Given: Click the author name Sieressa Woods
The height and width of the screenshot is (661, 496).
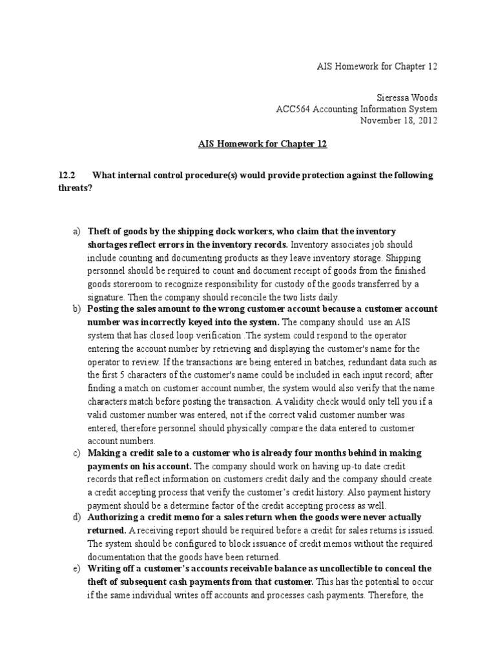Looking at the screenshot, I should tap(409, 97).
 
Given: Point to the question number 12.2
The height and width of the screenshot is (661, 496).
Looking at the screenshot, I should tap(67, 176).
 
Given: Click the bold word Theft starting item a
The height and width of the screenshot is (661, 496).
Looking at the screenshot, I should tap(100, 231).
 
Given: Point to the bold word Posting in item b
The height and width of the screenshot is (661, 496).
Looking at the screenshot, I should tap(104, 309).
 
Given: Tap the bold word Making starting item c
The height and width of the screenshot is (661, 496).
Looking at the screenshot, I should tap(104, 453).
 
